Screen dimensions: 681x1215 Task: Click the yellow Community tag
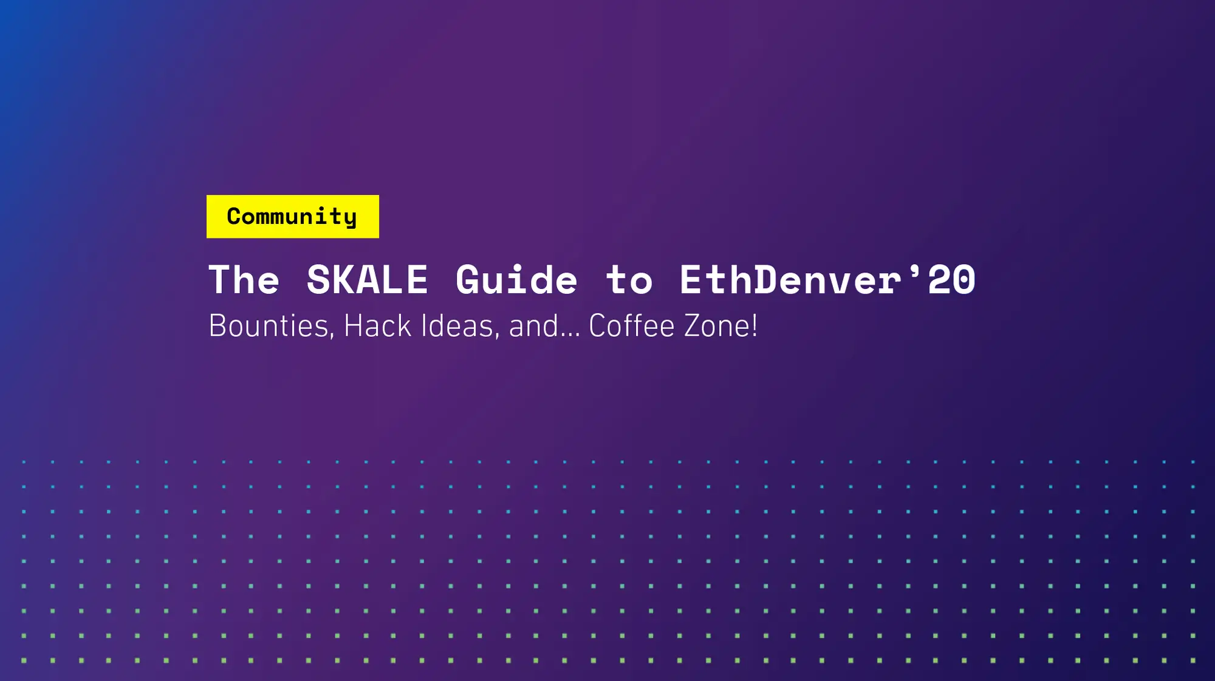(292, 217)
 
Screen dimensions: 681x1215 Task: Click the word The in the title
(244, 280)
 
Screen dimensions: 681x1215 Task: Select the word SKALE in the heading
(367, 280)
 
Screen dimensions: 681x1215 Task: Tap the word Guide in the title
(516, 280)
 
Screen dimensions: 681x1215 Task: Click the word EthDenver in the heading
(790, 280)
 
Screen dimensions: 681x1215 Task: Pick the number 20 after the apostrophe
(952, 280)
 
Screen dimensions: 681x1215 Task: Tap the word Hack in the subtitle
(377, 327)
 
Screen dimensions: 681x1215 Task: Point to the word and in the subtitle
(533, 327)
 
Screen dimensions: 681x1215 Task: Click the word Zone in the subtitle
(717, 327)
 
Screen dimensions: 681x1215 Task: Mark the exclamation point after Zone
(755, 327)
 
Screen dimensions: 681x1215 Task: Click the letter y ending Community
(351, 219)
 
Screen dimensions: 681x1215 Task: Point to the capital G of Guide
(468, 280)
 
